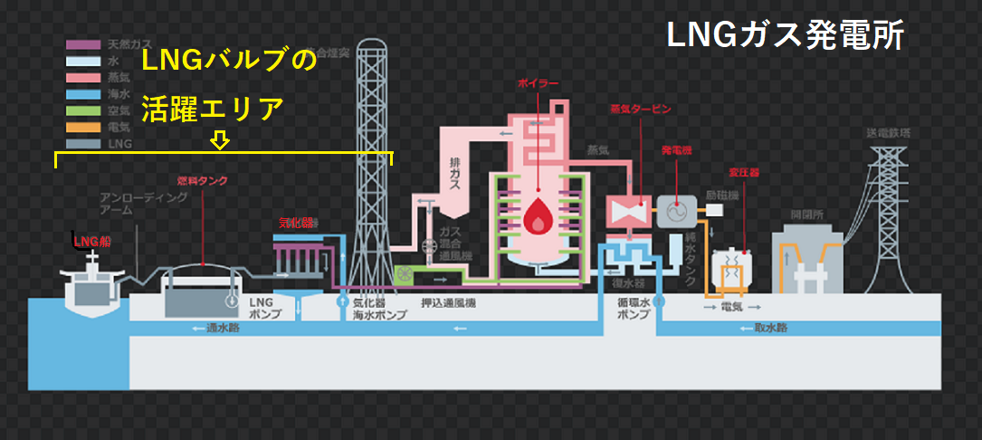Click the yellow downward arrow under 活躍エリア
[x=220, y=140]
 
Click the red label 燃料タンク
[x=202, y=181]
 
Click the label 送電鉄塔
[x=893, y=134]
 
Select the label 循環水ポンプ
[x=633, y=309]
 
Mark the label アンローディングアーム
[x=126, y=203]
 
